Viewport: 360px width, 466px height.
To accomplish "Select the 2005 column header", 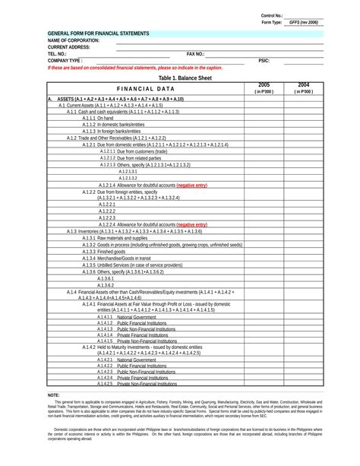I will (264, 84).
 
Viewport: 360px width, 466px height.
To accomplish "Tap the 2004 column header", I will (304, 84).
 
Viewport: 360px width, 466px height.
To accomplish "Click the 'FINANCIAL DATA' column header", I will (145, 88).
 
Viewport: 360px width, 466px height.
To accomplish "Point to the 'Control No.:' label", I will (272, 15).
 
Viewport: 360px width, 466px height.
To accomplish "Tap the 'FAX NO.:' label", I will (195, 54).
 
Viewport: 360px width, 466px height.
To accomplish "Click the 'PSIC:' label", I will (264, 60).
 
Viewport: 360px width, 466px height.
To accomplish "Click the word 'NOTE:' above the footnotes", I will (53, 395).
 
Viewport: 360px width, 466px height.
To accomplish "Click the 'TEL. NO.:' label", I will (57, 54).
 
